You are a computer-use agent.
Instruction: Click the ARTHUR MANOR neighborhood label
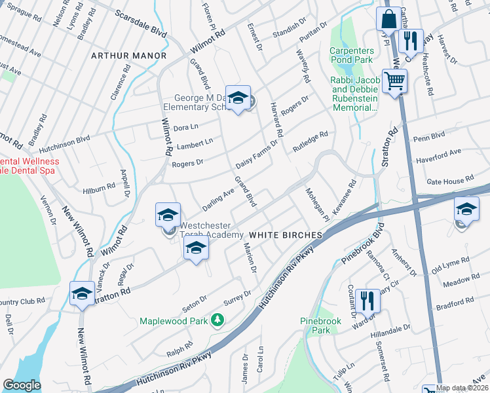coord(129,56)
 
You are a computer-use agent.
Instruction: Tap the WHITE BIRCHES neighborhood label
coord(285,234)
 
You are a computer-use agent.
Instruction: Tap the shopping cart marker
coord(394,83)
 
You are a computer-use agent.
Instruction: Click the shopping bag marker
coord(388,20)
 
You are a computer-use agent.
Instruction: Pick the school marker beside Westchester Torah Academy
coord(168,215)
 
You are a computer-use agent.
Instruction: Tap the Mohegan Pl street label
coord(316,204)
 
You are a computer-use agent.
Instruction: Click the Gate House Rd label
coord(449,180)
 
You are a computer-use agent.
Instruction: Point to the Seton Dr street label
coord(195,299)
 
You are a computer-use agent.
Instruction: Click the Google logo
coord(22,385)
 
